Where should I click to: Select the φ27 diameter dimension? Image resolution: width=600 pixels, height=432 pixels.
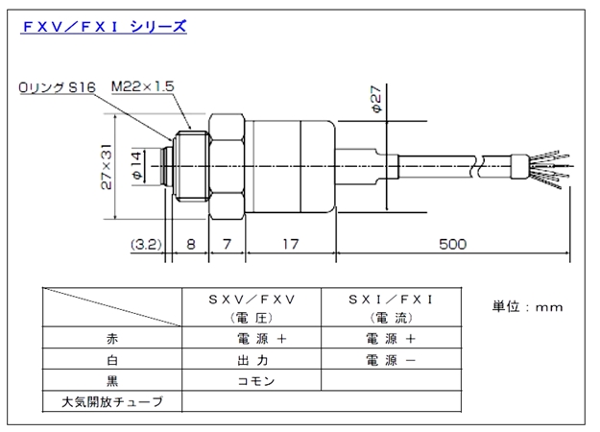pos(377,103)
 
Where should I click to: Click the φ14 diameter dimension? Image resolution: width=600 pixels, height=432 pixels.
pos(136,166)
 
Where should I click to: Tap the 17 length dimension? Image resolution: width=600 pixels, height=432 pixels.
pos(291,244)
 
